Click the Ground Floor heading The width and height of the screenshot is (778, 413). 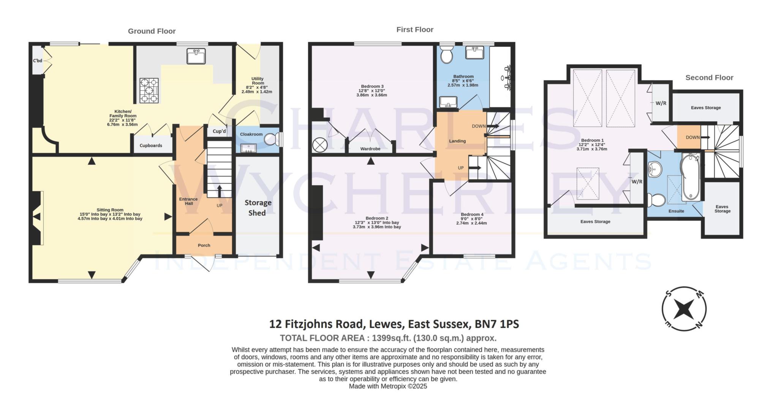(152, 31)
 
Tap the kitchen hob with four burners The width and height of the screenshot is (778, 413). (149, 91)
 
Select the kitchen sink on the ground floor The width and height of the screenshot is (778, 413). (196, 56)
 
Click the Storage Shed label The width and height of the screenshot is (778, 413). (258, 208)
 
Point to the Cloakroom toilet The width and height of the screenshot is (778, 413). (271, 139)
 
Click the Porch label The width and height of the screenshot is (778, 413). (204, 245)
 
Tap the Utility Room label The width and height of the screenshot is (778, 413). (257, 81)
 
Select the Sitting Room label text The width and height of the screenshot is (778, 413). (110, 210)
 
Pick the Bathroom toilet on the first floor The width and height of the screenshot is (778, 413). (446, 55)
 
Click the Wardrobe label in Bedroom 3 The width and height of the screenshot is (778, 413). (370, 149)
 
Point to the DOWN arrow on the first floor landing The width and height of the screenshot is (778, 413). (493, 126)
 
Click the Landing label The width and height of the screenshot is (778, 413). (457, 141)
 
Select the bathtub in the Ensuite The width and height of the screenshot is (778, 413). (690, 177)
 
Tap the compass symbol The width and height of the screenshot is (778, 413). (684, 309)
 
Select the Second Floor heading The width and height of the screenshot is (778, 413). (709, 78)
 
